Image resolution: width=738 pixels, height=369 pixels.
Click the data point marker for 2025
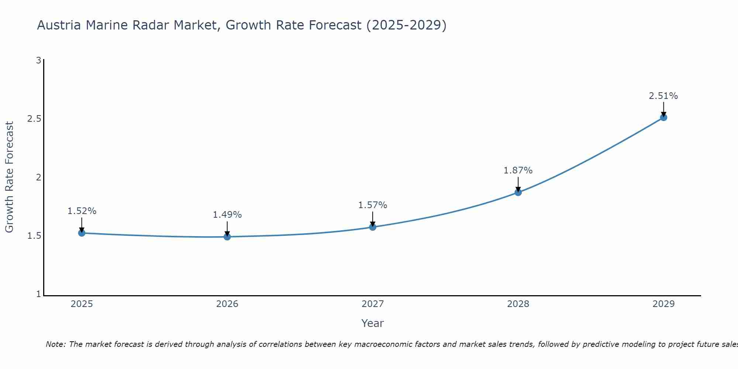(82, 233)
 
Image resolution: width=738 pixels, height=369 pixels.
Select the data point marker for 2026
(227, 237)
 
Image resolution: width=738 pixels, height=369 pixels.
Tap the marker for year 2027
(373, 227)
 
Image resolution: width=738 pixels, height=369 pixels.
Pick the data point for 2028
(518, 192)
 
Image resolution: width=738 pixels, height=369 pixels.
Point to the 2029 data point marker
(663, 117)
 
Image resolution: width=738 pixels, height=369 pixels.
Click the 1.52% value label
(82, 211)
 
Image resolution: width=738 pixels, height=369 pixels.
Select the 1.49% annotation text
(227, 215)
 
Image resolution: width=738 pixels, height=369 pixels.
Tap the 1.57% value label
(373, 205)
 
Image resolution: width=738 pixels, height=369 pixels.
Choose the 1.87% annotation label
(518, 170)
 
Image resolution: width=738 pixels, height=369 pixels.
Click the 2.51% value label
(663, 96)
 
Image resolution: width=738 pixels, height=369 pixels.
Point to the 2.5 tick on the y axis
(34, 119)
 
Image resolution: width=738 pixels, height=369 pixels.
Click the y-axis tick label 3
(38, 60)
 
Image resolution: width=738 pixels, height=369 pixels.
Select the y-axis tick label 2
(38, 177)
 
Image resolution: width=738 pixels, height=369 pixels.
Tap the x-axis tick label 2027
(373, 304)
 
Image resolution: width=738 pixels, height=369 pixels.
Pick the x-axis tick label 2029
(663, 304)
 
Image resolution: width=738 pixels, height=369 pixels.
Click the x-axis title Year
(373, 323)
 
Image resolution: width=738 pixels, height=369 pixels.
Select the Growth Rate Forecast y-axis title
(9, 177)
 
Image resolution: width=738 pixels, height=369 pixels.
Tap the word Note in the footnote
(56, 344)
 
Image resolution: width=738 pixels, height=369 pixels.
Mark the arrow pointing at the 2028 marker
(518, 184)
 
